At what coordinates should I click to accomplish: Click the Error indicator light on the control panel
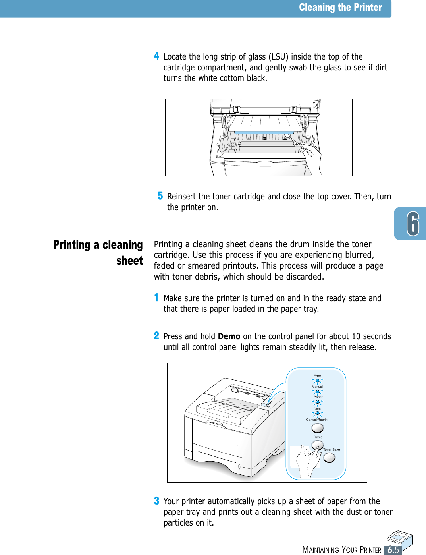tap(317, 381)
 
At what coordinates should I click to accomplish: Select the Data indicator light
tap(317, 413)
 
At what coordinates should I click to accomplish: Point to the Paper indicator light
tap(317, 402)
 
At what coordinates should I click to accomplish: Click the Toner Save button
tap(329, 458)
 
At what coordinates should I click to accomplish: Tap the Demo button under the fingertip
tap(318, 445)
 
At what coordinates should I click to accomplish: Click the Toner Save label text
tap(332, 449)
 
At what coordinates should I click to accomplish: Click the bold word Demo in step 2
tap(229, 336)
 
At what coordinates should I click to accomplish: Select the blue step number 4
tap(157, 56)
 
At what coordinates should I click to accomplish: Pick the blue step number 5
tap(160, 196)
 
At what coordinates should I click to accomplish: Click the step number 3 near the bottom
tap(156, 501)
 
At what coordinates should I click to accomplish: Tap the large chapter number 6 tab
tap(413, 224)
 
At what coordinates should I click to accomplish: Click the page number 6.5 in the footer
tap(393, 550)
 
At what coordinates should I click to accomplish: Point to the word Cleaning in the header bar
tap(317, 8)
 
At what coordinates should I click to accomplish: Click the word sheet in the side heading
tap(129, 261)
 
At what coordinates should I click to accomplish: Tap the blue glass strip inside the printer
tap(264, 133)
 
